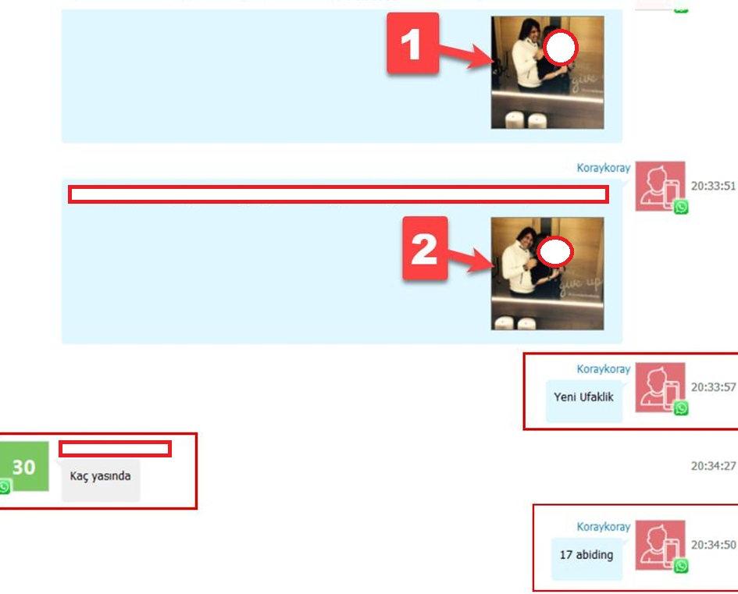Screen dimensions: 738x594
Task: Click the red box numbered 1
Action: (x=413, y=43)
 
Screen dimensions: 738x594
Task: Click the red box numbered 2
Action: (x=425, y=248)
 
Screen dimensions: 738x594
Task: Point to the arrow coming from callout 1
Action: (x=466, y=55)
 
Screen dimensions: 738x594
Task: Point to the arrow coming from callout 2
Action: (x=471, y=260)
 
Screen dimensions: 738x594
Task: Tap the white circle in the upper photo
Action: (x=560, y=47)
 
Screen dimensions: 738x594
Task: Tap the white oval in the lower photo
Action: (x=555, y=251)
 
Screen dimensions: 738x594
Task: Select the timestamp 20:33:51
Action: (x=713, y=186)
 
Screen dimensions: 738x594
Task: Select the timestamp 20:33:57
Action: (x=713, y=387)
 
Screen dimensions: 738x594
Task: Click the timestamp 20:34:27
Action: (x=713, y=466)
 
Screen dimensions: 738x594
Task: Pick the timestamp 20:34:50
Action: (x=713, y=545)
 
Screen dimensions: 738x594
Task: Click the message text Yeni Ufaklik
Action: (x=583, y=397)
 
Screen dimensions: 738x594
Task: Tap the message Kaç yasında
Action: (x=100, y=476)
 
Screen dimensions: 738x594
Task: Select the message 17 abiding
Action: (x=586, y=555)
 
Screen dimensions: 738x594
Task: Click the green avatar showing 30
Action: (x=23, y=467)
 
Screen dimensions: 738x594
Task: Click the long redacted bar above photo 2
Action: (x=338, y=194)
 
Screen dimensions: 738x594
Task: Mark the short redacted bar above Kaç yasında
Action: (x=115, y=449)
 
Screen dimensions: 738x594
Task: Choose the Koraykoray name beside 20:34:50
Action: (x=604, y=527)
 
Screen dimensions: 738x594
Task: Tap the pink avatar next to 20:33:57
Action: (x=660, y=387)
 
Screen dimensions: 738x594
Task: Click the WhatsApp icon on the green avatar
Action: (x=5, y=487)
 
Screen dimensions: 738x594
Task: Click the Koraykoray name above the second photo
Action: (x=604, y=168)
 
